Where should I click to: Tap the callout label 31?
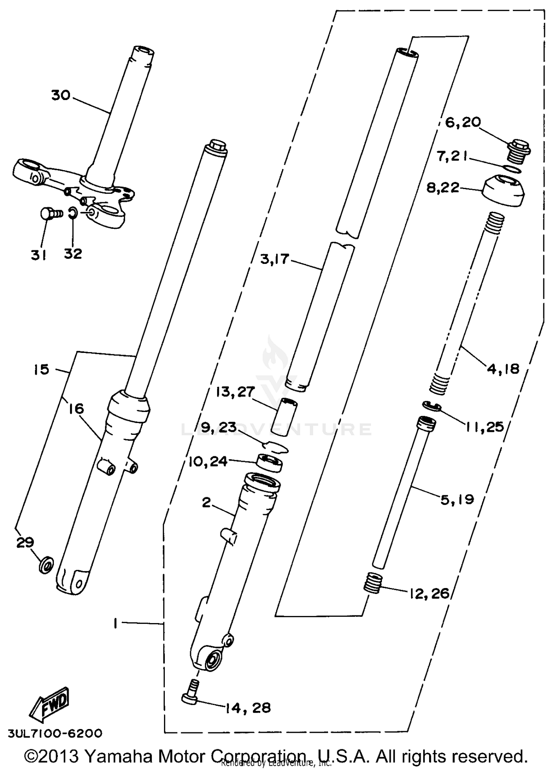(38, 254)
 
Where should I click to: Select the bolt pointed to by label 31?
(49, 213)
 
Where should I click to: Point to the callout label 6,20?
(463, 122)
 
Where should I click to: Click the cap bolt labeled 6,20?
(518, 151)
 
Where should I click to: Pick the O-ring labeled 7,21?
(512, 169)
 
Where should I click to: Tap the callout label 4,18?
(503, 368)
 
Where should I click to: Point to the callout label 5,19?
(457, 500)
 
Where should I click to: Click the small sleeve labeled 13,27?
(284, 416)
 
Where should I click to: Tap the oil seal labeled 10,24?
(269, 463)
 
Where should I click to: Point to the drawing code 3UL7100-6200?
(55, 733)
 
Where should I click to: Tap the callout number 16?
(76, 409)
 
